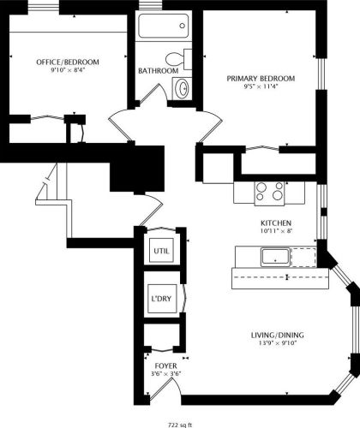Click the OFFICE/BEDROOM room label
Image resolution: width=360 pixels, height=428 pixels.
coord(67,62)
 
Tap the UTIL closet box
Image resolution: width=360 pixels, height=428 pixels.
coord(160,251)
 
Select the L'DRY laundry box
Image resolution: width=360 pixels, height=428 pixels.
coord(160,299)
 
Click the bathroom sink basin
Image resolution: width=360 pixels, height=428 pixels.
coord(182,88)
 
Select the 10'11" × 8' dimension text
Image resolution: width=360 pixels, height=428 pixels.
coord(277,229)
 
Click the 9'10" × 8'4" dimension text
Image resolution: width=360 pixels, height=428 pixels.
coord(67,71)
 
